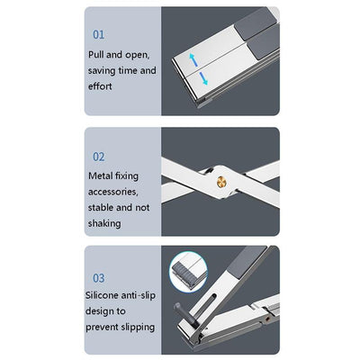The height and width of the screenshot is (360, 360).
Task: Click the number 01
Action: [99, 34]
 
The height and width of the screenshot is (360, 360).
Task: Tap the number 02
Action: [99, 156]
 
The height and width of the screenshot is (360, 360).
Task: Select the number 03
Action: [99, 278]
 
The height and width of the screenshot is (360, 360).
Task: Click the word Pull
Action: [98, 54]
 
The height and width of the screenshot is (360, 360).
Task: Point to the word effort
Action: [102, 86]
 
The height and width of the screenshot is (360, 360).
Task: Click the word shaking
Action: [104, 223]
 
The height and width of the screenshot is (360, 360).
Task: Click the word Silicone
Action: [106, 295]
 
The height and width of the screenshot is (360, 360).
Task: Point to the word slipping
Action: [134, 327]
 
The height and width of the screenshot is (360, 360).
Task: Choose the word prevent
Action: [104, 327]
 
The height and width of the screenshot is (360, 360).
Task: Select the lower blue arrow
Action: [203, 80]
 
